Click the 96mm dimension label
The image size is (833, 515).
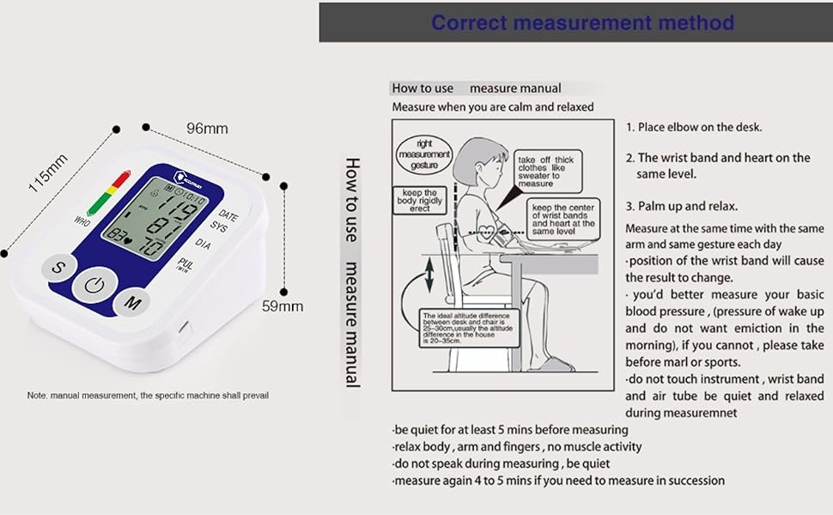[x=207, y=129]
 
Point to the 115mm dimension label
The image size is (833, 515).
[x=49, y=173]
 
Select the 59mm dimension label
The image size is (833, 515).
[x=282, y=306]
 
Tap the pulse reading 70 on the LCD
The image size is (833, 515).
[x=154, y=247]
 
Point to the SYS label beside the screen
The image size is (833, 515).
[x=219, y=228]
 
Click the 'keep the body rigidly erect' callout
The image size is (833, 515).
[x=419, y=200]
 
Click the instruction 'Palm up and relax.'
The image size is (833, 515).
[x=681, y=206]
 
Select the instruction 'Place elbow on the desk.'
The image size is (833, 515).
[x=693, y=127]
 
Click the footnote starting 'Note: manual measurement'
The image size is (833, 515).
[x=148, y=396]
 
